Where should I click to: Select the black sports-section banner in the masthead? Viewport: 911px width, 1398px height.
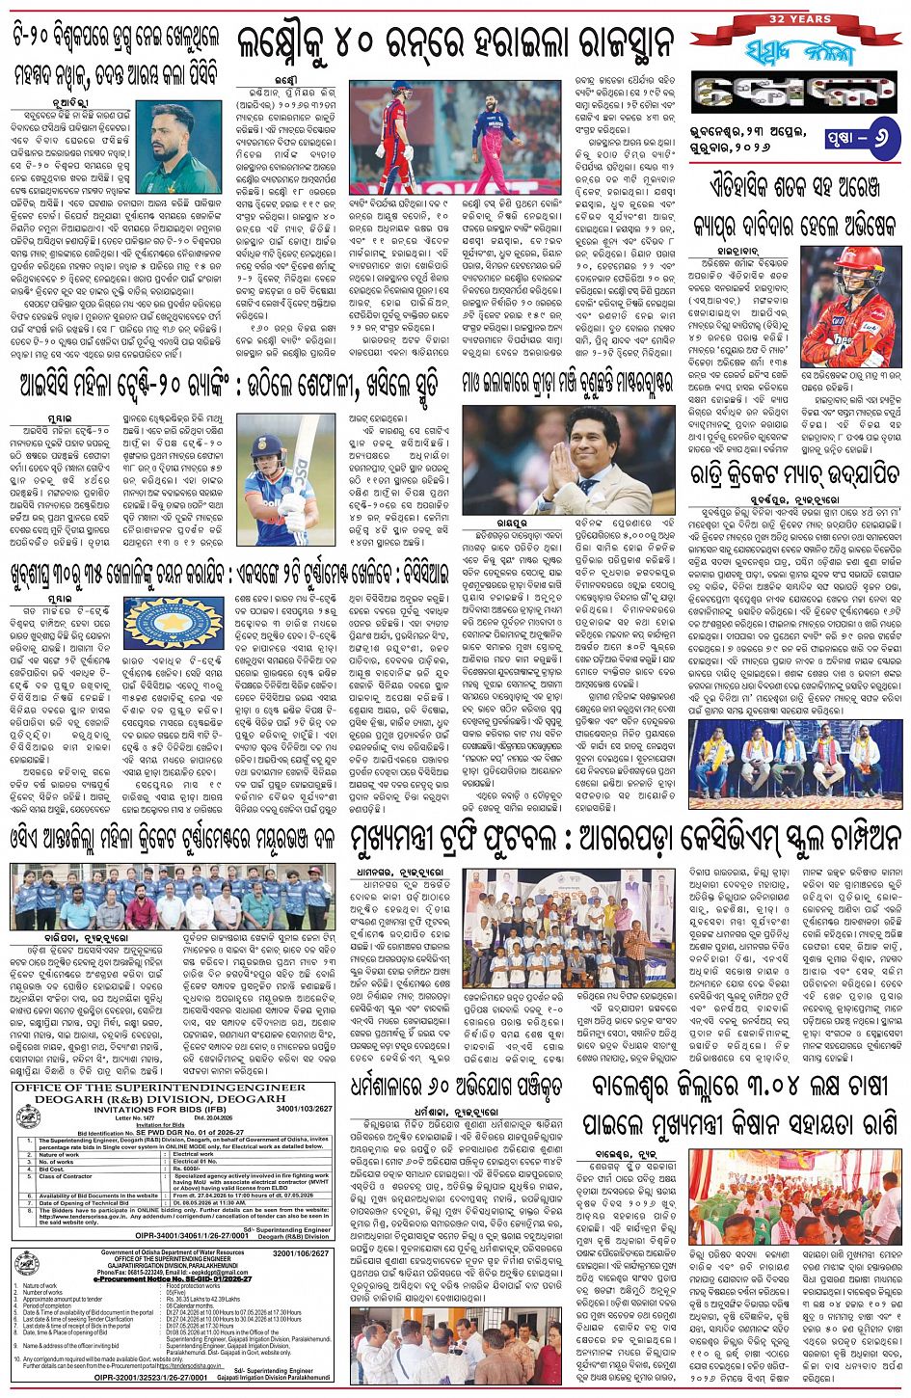click(794, 93)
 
